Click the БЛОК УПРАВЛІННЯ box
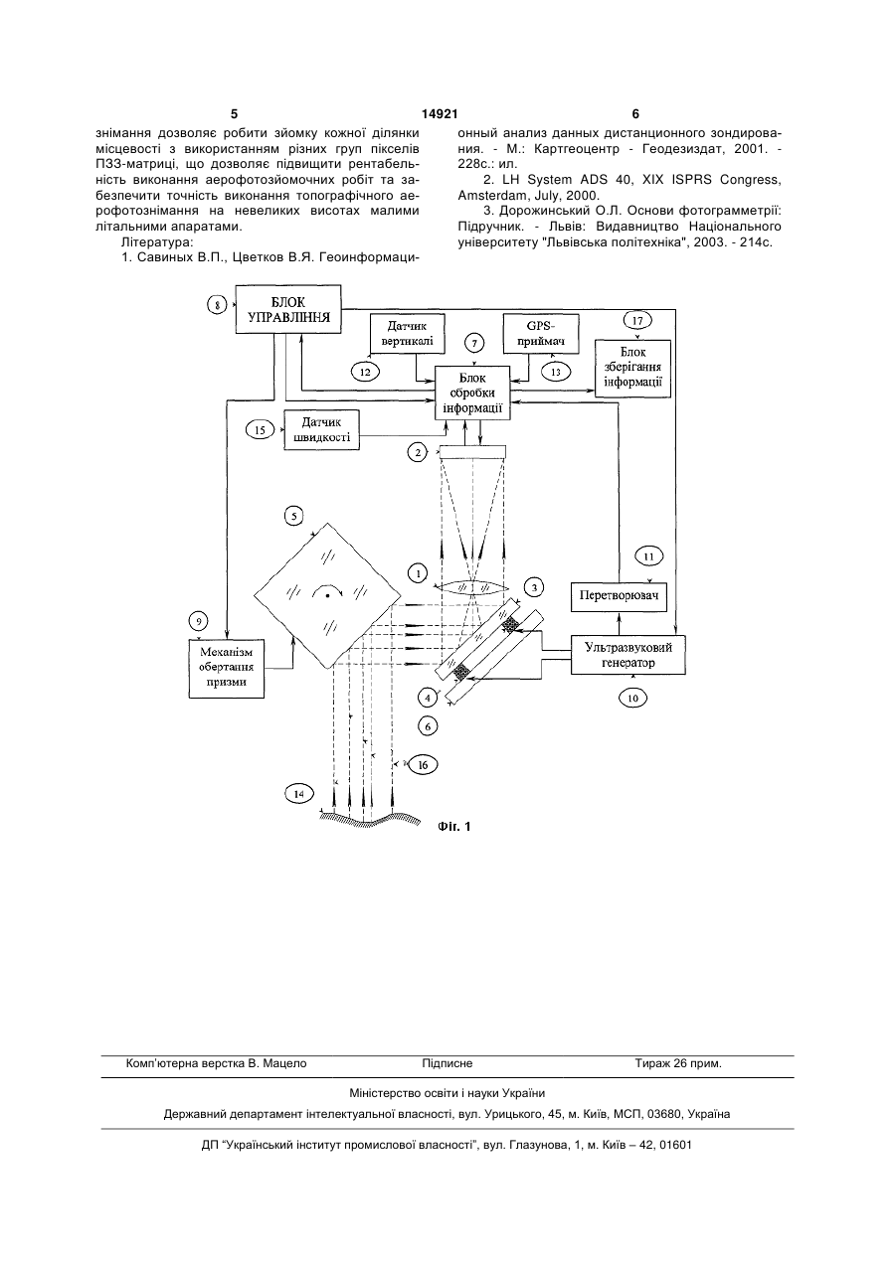click(288, 309)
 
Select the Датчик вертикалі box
click(407, 334)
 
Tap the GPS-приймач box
click(542, 334)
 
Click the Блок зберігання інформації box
click(632, 369)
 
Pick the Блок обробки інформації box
click(472, 394)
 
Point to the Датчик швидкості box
click(321, 429)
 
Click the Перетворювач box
click(619, 596)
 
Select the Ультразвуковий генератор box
click(628, 655)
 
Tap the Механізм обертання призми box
click(226, 669)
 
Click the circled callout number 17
click(637, 321)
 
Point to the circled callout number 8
click(217, 305)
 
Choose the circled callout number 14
click(299, 793)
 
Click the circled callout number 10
click(633, 698)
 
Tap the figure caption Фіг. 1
click(453, 827)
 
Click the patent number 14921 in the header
click(440, 114)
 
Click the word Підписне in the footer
click(448, 1064)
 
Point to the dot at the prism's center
click(327, 596)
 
